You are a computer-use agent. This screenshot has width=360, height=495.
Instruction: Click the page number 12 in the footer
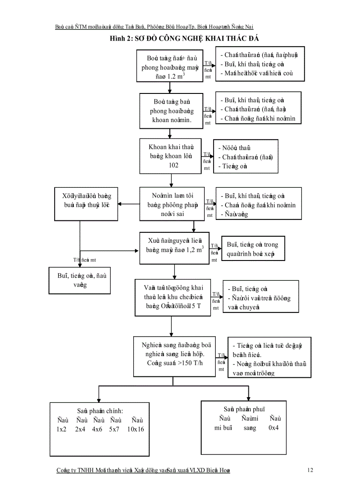(x=310, y=470)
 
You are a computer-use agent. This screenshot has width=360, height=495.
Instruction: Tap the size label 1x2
(x=61, y=429)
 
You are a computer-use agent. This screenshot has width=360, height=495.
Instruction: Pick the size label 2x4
(x=80, y=429)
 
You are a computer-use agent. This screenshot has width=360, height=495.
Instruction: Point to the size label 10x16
(x=135, y=429)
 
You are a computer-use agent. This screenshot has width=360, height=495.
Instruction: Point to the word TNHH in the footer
(x=86, y=470)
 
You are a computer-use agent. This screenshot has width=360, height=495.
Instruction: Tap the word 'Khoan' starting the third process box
(x=152, y=147)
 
